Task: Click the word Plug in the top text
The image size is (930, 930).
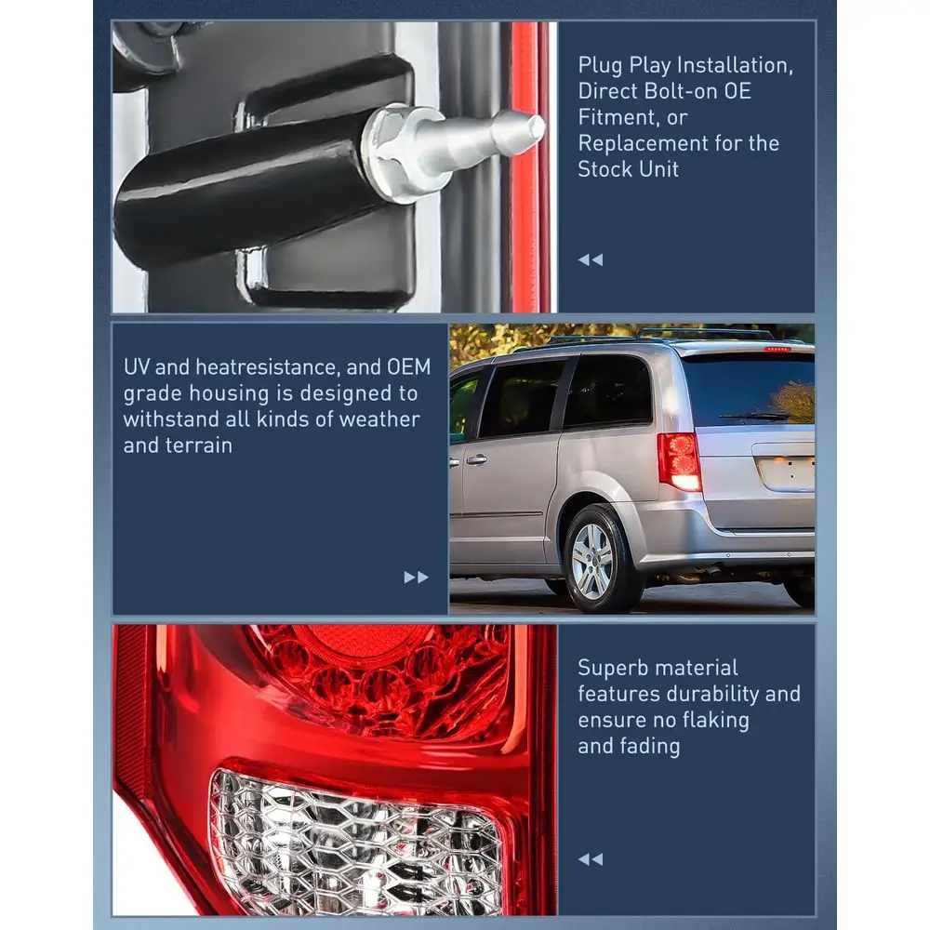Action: [601, 66]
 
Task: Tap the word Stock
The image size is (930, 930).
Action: [604, 169]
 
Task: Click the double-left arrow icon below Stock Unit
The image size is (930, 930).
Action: [590, 259]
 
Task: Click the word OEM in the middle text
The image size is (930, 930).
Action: [409, 367]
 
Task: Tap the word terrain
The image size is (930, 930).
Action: [198, 445]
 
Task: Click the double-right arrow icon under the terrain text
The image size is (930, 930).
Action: [416, 577]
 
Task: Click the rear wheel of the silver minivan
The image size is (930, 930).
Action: [593, 560]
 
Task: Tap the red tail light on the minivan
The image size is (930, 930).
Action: [680, 461]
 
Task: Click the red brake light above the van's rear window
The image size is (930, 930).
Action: [777, 349]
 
